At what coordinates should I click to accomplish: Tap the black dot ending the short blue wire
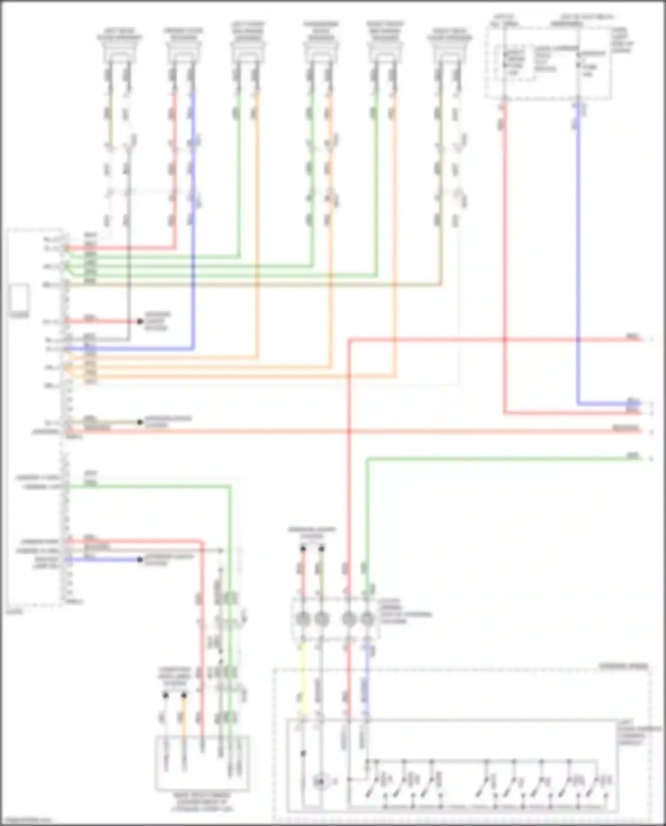click(140, 560)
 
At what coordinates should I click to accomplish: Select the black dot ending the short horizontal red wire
click(140, 321)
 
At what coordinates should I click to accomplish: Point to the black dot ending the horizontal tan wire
click(140, 422)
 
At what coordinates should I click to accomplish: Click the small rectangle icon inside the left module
click(20, 297)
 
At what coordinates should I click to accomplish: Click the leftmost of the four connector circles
click(303, 618)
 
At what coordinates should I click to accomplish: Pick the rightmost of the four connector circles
click(367, 618)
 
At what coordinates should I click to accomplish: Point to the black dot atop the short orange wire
click(184, 695)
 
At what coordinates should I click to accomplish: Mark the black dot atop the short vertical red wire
click(303, 549)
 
